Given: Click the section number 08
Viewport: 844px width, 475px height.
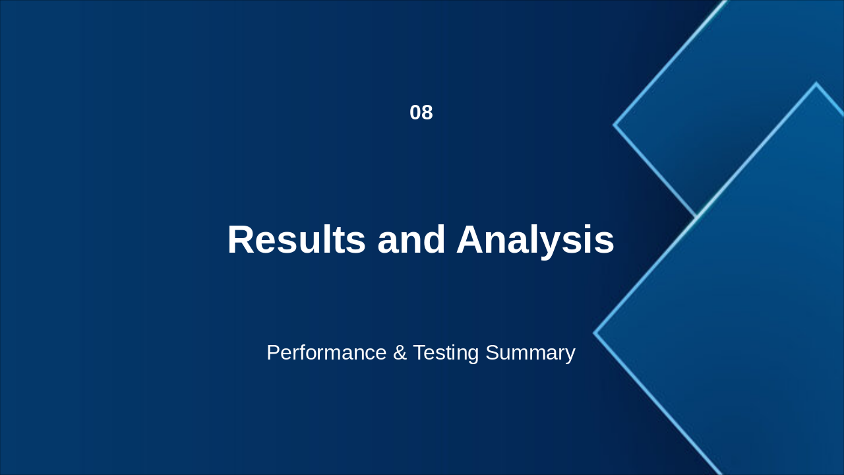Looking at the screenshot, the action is click(x=421, y=113).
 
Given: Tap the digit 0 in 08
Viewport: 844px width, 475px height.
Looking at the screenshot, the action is click(x=415, y=113).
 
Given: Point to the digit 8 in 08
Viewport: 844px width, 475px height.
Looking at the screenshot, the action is click(x=427, y=113).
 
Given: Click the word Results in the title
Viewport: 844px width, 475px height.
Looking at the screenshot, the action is click(x=296, y=239).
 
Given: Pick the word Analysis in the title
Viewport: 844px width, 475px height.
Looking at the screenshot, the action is click(x=535, y=239).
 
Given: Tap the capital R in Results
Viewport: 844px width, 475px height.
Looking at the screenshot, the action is click(x=242, y=239).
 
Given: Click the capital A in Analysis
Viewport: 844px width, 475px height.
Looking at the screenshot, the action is click(x=471, y=239).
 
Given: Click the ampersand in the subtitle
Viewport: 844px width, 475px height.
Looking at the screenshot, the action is click(x=400, y=353).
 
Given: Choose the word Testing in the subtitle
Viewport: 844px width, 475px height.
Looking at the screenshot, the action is click(x=446, y=353).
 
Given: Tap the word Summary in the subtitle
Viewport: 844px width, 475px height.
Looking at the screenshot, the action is click(x=530, y=353).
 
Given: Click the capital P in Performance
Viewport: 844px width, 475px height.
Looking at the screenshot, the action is click(x=273, y=353).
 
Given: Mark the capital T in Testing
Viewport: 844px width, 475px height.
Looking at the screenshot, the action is click(x=419, y=353).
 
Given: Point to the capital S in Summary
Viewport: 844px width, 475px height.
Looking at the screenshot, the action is click(x=492, y=353).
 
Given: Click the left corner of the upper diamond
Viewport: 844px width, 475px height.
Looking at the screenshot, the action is click(x=615, y=124).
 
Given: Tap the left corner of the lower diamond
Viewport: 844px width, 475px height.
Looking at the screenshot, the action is click(x=595, y=333).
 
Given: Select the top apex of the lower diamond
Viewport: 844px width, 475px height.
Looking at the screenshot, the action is click(x=816, y=84).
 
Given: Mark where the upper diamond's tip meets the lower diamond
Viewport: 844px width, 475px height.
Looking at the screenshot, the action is click(x=697, y=216).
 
